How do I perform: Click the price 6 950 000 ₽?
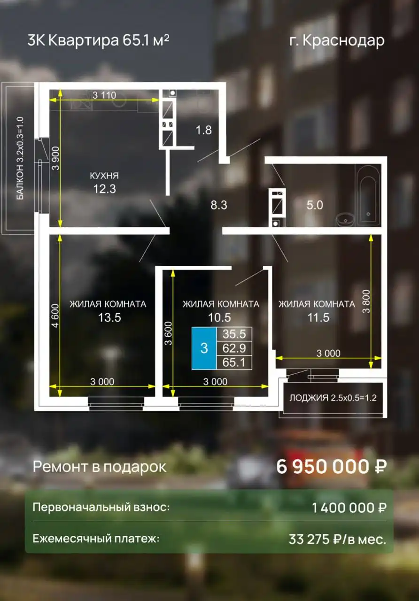[332, 467]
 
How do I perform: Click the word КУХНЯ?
[104, 176]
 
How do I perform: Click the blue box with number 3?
[204, 348]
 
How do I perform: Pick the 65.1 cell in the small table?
[234, 362]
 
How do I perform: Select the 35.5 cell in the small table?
[234, 334]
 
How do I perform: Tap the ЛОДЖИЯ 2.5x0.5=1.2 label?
[333, 398]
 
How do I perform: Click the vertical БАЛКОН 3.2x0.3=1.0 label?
[20, 159]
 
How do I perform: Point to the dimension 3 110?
[104, 95]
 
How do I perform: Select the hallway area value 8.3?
[219, 205]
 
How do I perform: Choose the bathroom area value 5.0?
[315, 205]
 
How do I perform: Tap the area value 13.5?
[109, 318]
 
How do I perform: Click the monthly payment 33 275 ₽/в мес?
[337, 539]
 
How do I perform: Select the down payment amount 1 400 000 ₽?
[349, 508]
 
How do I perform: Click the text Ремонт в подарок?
[99, 467]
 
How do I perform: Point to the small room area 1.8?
[203, 130]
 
